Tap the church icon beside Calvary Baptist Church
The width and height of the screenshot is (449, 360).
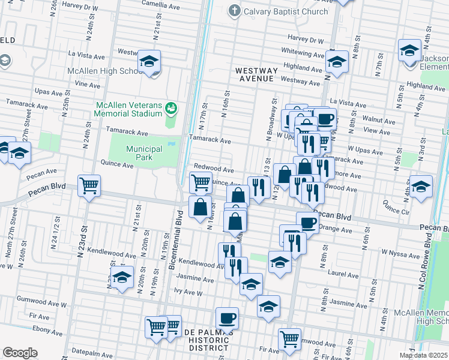pyautogui.click(x=235, y=11)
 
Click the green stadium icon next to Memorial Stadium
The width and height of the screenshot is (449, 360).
pyautogui.click(x=171, y=108)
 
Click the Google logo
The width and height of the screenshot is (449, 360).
pyautogui.click(x=20, y=352)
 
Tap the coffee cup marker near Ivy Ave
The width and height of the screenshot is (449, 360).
pyautogui.click(x=227, y=317)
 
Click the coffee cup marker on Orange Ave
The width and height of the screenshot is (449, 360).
pyautogui.click(x=307, y=223)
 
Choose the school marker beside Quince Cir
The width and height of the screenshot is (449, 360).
pyautogui.click(x=421, y=186)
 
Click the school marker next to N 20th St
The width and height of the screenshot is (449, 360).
pyautogui.click(x=122, y=278)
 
